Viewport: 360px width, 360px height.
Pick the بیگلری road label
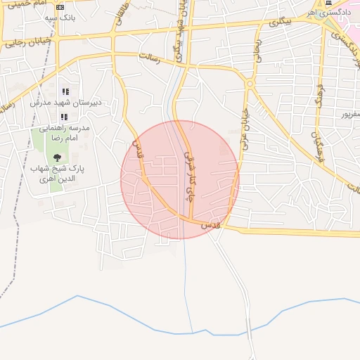pos(279,22)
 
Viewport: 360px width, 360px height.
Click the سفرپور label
pos(349,113)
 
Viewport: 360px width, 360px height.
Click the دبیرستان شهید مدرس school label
pos(65,102)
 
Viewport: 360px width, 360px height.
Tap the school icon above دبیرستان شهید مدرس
pos(65,92)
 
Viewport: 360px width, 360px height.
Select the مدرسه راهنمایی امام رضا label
pos(64,134)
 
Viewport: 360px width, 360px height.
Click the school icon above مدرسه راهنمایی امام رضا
pos(65,117)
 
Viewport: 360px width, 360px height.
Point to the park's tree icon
pos(57,157)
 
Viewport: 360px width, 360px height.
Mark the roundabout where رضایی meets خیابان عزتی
pos(250,84)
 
